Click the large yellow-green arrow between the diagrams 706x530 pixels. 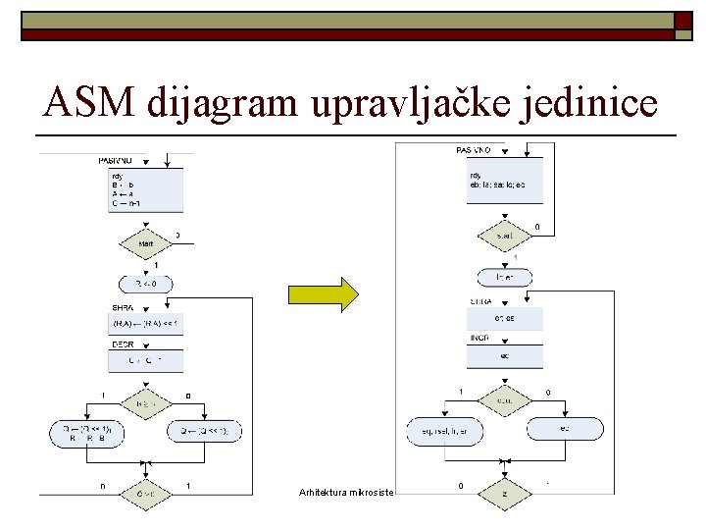[323, 293]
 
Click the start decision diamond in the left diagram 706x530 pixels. [145, 240]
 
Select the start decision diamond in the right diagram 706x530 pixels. [503, 236]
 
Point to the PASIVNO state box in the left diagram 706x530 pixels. [145, 189]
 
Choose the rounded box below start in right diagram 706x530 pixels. [503, 278]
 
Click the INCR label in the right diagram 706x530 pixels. [480, 338]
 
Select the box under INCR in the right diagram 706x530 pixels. [503, 355]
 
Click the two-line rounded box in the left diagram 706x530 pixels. [88, 432]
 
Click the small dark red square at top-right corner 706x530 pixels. [683, 22]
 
